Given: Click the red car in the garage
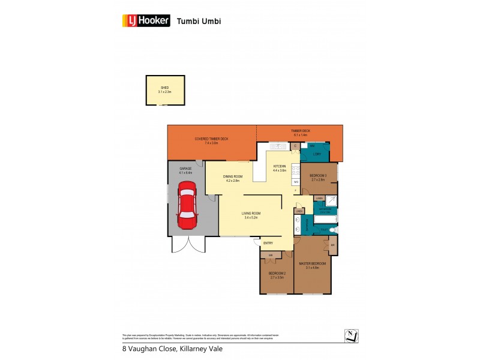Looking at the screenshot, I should [x=187, y=206].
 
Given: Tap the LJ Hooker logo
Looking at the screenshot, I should [x=146, y=21].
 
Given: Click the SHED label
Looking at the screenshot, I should [x=164, y=88].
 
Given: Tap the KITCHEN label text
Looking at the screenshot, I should [x=280, y=166].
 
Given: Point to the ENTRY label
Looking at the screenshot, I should [x=268, y=243].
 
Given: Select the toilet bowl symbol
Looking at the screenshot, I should [x=334, y=230].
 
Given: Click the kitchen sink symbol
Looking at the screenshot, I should [x=279, y=146].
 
